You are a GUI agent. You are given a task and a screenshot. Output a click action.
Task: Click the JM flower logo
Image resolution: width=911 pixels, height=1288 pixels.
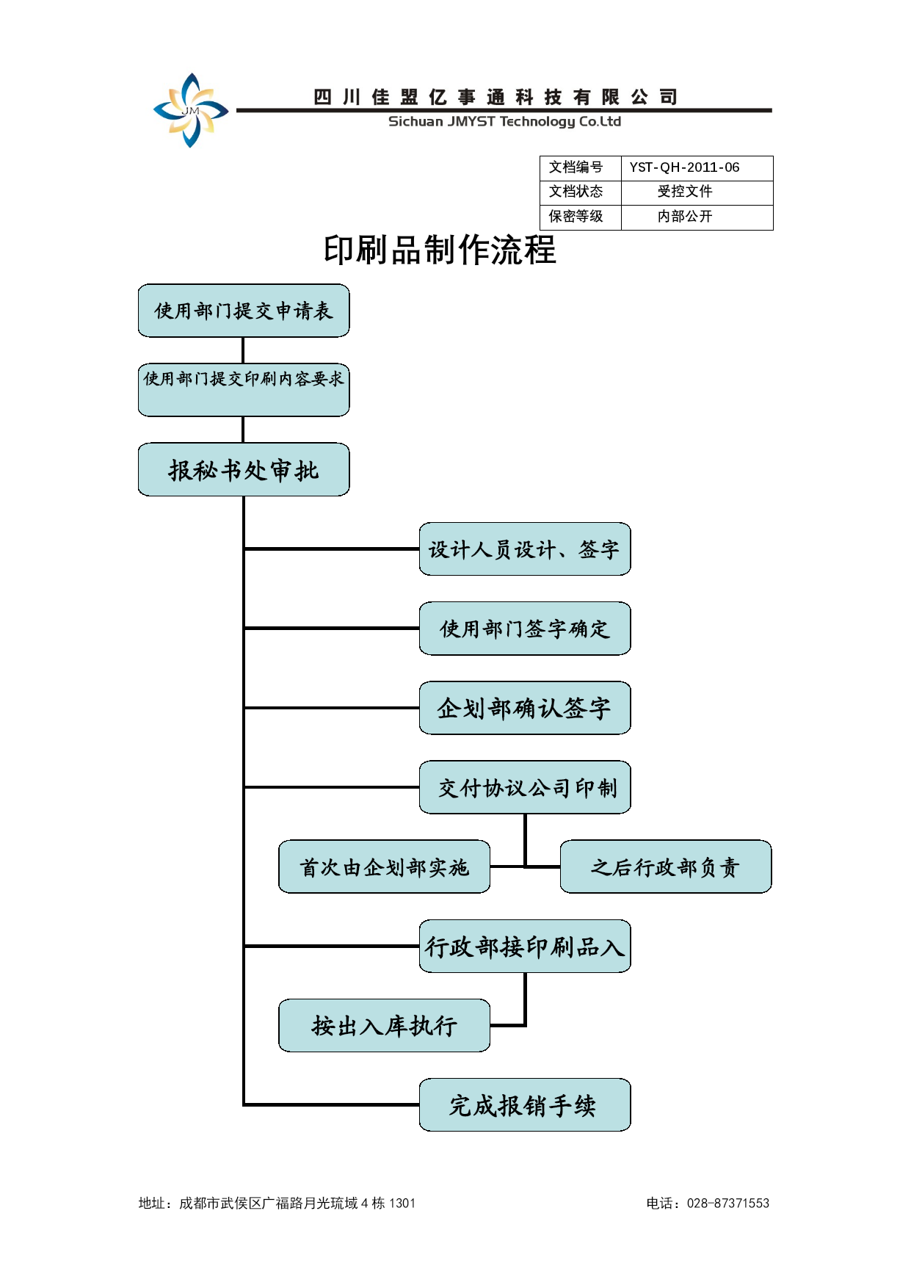(x=191, y=110)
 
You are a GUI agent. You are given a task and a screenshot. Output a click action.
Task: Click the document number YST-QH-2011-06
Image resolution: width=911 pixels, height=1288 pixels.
(x=684, y=167)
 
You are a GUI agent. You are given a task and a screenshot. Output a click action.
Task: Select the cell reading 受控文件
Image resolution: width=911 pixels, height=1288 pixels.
(x=685, y=192)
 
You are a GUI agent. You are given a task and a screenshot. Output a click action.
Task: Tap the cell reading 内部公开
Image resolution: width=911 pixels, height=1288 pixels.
(x=685, y=217)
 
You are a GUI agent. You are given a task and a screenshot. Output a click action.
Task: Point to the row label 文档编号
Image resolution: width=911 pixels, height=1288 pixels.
(x=576, y=167)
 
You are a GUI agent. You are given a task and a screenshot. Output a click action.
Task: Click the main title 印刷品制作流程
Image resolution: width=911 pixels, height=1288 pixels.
(x=440, y=250)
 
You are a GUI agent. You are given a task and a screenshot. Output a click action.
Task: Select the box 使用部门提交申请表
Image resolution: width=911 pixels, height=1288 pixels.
(x=244, y=311)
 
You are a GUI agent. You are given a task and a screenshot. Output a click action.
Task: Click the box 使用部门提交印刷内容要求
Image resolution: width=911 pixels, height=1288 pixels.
(x=244, y=390)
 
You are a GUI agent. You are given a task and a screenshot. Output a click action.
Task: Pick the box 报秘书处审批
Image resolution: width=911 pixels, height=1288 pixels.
(x=244, y=469)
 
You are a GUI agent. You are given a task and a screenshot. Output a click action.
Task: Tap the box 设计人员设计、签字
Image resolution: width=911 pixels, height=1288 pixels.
(x=525, y=549)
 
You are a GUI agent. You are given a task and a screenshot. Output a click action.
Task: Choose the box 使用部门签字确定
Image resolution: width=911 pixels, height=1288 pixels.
(x=525, y=628)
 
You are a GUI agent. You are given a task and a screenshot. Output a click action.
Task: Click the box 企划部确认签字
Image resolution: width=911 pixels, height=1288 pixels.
(x=525, y=708)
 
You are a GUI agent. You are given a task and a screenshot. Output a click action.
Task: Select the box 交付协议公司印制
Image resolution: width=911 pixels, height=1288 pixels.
(x=525, y=787)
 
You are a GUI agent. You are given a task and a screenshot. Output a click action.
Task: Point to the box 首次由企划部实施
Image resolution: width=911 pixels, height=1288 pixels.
(x=384, y=866)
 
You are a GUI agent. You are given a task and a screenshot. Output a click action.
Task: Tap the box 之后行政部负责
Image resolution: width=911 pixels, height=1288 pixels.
(x=666, y=866)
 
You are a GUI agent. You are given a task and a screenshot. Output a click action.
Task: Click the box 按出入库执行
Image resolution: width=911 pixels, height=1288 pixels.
(x=384, y=1025)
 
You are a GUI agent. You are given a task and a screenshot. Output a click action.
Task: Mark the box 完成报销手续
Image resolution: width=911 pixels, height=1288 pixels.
(x=525, y=1104)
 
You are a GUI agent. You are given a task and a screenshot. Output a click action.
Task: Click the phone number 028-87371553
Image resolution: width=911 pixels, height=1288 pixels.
(x=728, y=1203)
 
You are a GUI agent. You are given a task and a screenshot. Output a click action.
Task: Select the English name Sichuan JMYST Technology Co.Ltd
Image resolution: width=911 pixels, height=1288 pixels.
(x=504, y=122)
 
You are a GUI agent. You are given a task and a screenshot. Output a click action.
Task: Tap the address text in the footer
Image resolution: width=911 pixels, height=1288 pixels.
(x=277, y=1203)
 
